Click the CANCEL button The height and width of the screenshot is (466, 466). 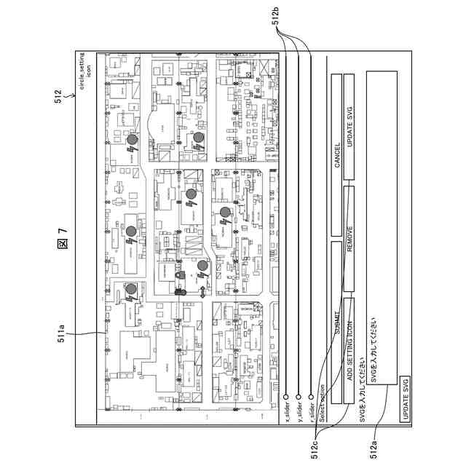pyautogui.click(x=337, y=154)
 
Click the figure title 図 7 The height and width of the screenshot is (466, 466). pyautogui.click(x=63, y=237)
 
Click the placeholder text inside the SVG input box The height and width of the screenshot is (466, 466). pyautogui.click(x=374, y=352)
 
